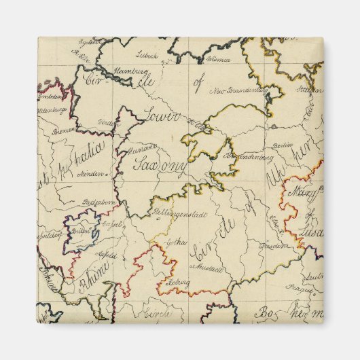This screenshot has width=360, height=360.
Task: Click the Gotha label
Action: (x=179, y=242)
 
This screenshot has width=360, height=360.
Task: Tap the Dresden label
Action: (x=274, y=245)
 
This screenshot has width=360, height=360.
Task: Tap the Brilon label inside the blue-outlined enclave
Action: (x=76, y=231)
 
